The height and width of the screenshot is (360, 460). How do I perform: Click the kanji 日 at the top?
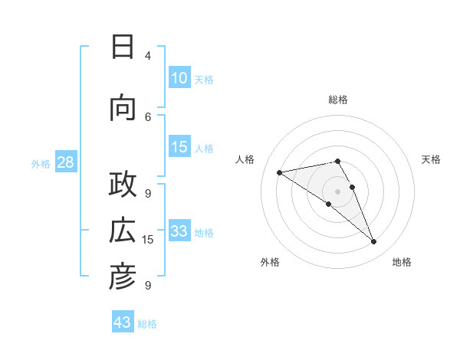[123, 47]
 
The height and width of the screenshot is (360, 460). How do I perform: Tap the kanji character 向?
[123, 108]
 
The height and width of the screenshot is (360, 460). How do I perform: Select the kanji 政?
[123, 185]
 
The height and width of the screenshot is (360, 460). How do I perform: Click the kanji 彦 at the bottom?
[123, 277]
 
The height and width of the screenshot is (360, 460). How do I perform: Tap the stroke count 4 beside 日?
[148, 56]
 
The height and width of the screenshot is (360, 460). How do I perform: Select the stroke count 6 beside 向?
[148, 116]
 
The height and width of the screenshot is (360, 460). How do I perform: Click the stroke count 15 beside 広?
[148, 240]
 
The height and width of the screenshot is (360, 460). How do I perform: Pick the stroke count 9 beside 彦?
[148, 286]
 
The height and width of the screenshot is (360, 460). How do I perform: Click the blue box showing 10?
[179, 78]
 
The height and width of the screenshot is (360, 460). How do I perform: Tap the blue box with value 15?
[179, 147]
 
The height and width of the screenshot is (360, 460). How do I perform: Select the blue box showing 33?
[179, 231]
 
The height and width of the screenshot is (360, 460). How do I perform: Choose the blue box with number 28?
[65, 162]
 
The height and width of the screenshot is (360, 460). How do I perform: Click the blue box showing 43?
[123, 322]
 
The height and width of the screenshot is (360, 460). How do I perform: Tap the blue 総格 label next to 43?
[148, 324]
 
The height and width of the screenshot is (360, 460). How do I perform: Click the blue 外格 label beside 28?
[41, 163]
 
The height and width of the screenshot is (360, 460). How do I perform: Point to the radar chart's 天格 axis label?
[432, 159]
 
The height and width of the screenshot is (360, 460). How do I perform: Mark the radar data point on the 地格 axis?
[374, 242]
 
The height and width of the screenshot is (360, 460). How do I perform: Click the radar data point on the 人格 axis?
[279, 172]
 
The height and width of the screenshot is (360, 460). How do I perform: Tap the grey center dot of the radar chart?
[337, 191]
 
